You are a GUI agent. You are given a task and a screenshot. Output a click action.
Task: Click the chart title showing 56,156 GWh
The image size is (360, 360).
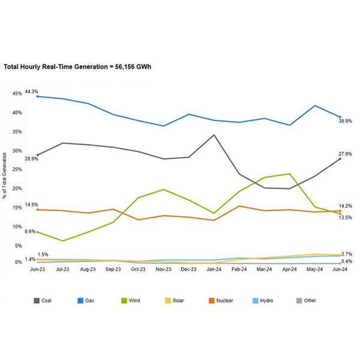pos(77,67)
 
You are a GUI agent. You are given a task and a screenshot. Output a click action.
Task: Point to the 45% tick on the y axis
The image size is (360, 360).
pos(17,94)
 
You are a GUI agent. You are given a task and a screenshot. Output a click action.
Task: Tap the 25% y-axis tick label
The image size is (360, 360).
pos(17,170)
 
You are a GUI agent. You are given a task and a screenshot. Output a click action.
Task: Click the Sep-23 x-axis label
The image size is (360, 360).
pos(113,269)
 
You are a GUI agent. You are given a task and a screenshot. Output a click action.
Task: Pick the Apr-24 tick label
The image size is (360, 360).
pos(290,269)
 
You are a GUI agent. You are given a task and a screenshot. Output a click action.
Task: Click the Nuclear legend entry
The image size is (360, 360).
pos(221,301)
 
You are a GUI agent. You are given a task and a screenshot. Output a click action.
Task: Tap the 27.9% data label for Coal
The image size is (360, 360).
pos(346,154)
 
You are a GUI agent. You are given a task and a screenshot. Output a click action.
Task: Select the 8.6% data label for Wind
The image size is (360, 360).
pos(30,231)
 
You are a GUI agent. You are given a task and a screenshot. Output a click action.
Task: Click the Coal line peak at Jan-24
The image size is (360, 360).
pos(214,134)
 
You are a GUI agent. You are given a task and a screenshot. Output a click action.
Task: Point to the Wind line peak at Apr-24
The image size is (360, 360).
pos(290,174)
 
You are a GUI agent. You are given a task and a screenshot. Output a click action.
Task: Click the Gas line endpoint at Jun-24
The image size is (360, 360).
pos(340,117)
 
